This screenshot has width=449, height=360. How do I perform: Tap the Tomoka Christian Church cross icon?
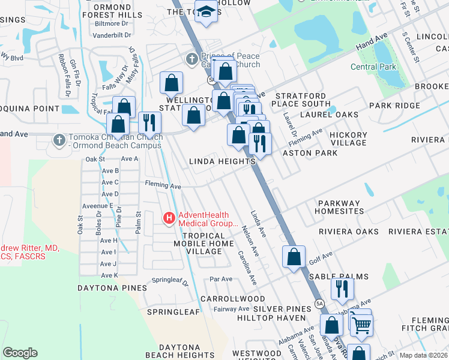(59, 140)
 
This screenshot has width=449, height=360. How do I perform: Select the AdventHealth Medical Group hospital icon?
(170, 218)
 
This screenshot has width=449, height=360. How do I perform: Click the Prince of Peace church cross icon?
(191, 59)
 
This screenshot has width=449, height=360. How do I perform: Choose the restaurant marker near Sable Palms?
(342, 289)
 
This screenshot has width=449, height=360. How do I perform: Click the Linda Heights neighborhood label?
(223, 161)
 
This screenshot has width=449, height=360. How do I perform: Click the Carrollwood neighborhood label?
(232, 298)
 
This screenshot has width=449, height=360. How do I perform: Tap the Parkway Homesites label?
(340, 207)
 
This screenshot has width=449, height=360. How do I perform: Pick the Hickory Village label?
(348, 139)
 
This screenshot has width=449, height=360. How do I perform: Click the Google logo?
(20, 352)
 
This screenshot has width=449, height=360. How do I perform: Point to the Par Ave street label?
(221, 279)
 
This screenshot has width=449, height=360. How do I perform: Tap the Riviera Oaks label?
(349, 232)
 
